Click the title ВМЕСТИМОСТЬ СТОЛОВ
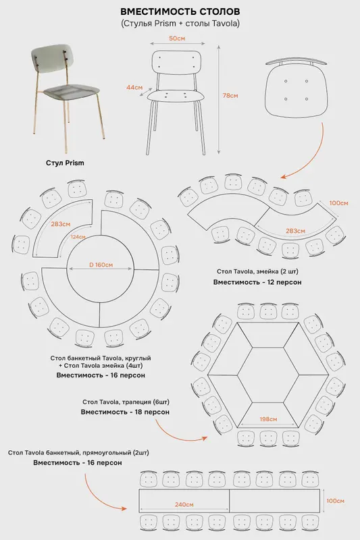pyautogui.click(x=180, y=11)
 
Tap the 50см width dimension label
pyautogui.click(x=177, y=38)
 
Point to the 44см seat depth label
pyautogui.click(x=134, y=88)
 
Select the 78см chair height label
pyautogui.click(x=230, y=95)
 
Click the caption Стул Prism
pyautogui.click(x=65, y=163)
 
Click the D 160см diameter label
pyautogui.click(x=101, y=265)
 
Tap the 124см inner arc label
pyautogui.click(x=78, y=237)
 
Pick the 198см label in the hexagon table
pyautogui.click(x=268, y=419)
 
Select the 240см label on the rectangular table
pyautogui.click(x=184, y=504)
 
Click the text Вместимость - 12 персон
pyautogui.click(x=257, y=282)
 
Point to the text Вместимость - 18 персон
pyautogui.click(x=125, y=412)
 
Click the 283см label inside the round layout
pyautogui.click(x=61, y=224)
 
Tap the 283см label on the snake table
pyautogui.click(x=295, y=231)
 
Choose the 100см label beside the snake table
pyautogui.click(x=338, y=203)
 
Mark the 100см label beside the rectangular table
pyautogui.click(x=335, y=501)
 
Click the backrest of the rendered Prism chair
pyautogui.click(x=53, y=58)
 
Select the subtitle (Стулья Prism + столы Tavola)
pyautogui.click(x=180, y=24)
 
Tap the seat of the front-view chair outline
pyautogui.click(x=174, y=95)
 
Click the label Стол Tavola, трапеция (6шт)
pyautogui.click(x=126, y=402)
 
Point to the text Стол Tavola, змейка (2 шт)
pyautogui.click(x=257, y=271)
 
